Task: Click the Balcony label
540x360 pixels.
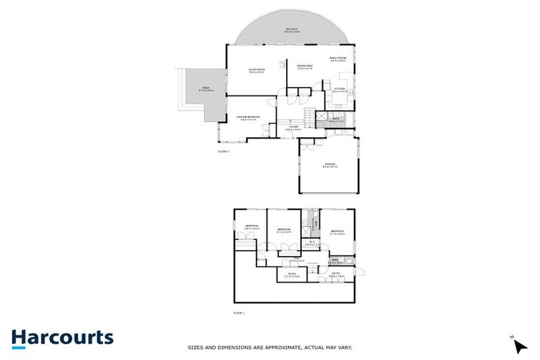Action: [x=292, y=29]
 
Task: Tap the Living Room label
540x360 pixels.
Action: [x=256, y=69]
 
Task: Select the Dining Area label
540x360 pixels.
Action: [x=304, y=65]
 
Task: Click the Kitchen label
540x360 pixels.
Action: [x=340, y=89]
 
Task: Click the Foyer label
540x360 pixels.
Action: [x=293, y=127]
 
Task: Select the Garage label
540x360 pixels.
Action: [x=330, y=165]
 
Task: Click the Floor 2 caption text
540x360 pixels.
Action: [x=224, y=150]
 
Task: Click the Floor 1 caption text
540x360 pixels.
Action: [x=240, y=312]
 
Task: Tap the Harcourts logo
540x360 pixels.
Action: [x=62, y=337]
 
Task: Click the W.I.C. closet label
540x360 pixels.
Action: [x=311, y=243]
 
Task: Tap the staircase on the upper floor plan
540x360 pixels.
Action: [x=309, y=116]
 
